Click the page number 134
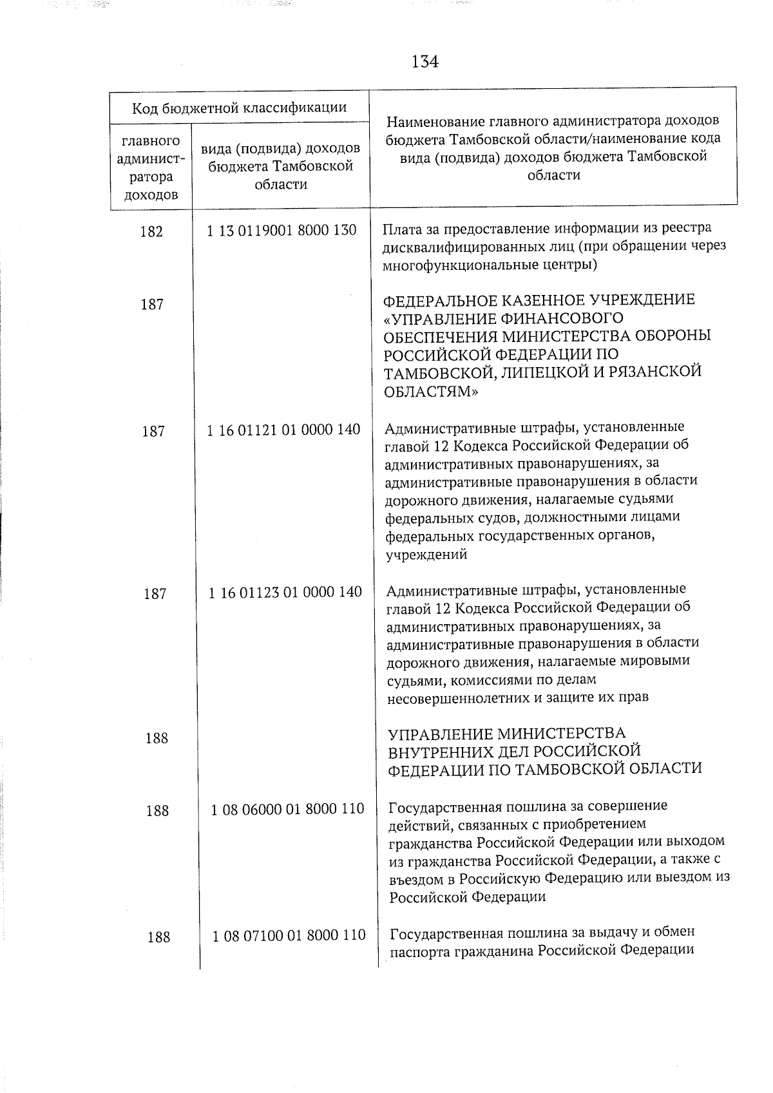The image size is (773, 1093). coord(425,62)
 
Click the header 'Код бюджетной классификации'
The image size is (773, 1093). coord(239,108)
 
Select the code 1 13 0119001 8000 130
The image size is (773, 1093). coord(282,230)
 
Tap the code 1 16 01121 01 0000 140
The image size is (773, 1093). coord(283,430)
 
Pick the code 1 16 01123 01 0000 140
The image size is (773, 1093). coord(285,592)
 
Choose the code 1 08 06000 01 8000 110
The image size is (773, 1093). coord(287,809)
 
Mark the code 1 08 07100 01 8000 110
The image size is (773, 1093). coord(289,935)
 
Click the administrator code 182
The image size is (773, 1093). coord(151,232)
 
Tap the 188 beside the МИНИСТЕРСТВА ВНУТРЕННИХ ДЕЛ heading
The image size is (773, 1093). coord(157,738)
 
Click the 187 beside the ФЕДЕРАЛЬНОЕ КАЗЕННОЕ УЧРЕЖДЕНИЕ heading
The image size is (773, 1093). coord(152,305)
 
